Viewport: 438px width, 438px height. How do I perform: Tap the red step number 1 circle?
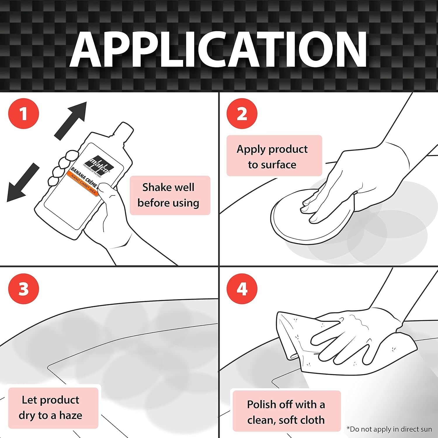point(24,114)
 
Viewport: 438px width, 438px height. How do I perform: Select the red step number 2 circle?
point(242,114)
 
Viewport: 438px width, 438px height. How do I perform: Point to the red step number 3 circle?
point(24,289)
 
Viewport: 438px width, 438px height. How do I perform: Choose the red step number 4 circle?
point(242,289)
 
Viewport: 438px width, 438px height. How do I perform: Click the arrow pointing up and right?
point(71,120)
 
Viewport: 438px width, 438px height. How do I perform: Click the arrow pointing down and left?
point(23,182)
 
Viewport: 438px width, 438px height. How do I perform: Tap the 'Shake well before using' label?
point(170,195)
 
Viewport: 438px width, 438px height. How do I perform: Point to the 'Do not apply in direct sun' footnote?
point(389,429)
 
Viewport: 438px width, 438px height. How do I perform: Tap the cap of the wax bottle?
point(124,130)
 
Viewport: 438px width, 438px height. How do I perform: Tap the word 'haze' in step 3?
point(71,415)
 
